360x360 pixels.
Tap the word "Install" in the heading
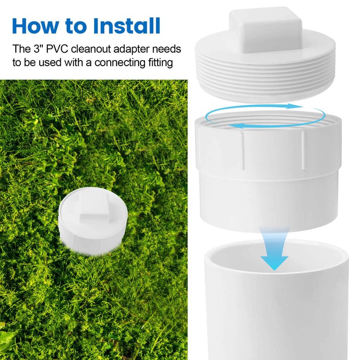click(126, 26)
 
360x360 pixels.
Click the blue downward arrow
click(274, 249)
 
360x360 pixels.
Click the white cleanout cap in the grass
click(93, 221)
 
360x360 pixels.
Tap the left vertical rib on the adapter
click(243, 151)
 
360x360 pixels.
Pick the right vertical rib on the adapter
click(303, 150)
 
